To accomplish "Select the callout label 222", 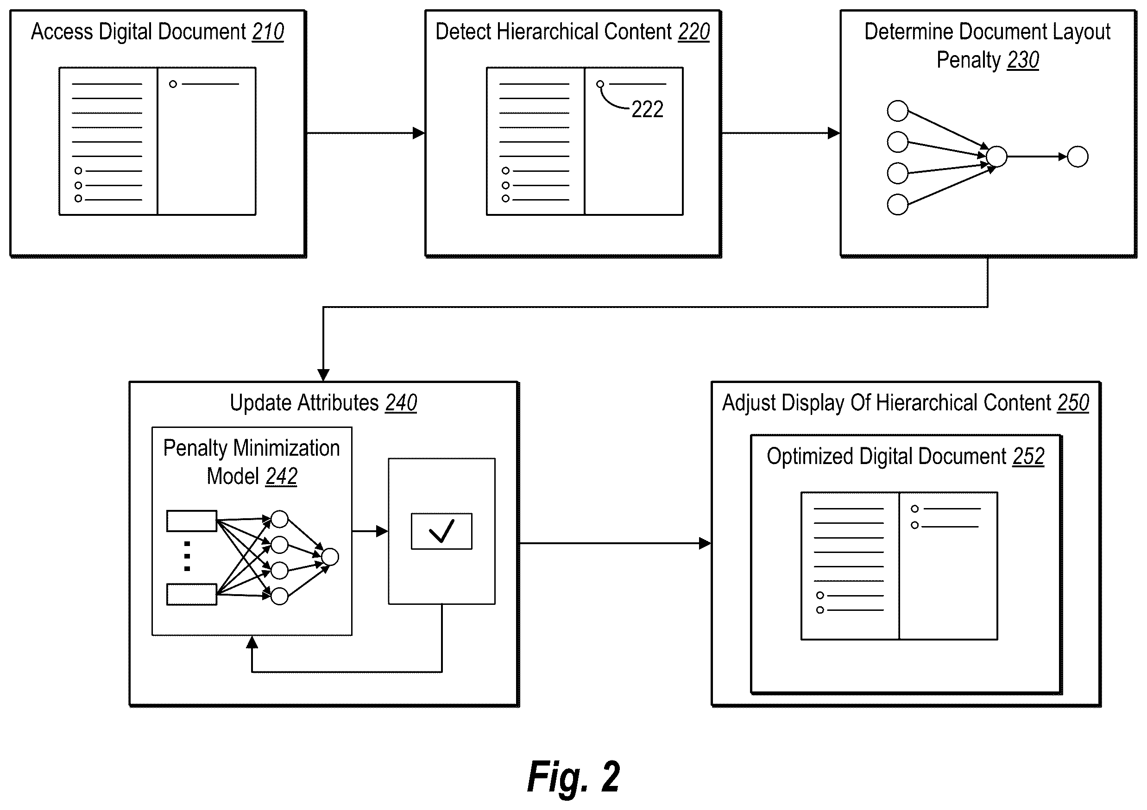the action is coord(647,109).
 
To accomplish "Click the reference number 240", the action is coord(401,403).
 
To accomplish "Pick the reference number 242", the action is coord(281,477).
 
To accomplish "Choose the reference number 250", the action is coord(1073,403).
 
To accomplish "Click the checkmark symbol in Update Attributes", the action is coord(441,531).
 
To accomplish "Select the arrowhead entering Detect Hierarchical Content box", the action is coord(419,133).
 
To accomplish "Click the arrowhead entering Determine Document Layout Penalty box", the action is coord(834,133).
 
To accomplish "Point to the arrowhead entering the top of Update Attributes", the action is coord(323,375).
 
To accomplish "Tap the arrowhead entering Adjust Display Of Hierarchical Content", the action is coord(705,543).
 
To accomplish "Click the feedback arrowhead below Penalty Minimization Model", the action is coord(252,642).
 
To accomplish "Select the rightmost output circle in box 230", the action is coord(1078,157).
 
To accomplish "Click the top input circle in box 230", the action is coord(897,111).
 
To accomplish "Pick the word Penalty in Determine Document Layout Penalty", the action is coord(968,60).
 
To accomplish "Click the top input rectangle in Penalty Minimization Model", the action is coord(192,521).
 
